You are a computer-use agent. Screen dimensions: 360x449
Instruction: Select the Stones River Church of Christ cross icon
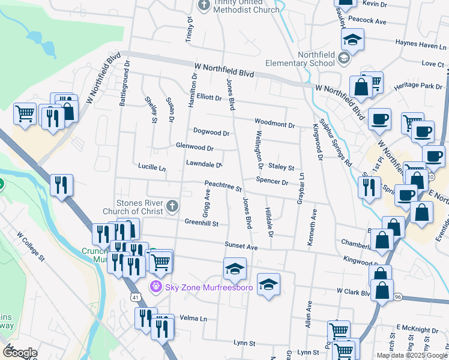pos(172,207)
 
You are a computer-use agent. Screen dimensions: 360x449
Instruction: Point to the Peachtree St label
pos(223,187)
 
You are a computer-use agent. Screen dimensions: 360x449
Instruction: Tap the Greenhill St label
pos(202,223)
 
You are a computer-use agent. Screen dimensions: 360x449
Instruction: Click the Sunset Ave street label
pos(241,247)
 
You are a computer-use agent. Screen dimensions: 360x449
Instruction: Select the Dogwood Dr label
pos(211,132)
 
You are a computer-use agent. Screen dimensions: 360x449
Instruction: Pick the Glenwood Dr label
pos(195,147)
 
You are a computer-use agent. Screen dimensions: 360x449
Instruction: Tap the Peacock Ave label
pos(367,21)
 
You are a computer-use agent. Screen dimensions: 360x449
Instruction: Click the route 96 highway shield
pos(398,297)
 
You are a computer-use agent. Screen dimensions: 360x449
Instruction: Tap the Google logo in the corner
pos(20,353)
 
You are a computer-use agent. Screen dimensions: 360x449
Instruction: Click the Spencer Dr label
pos(272,181)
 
